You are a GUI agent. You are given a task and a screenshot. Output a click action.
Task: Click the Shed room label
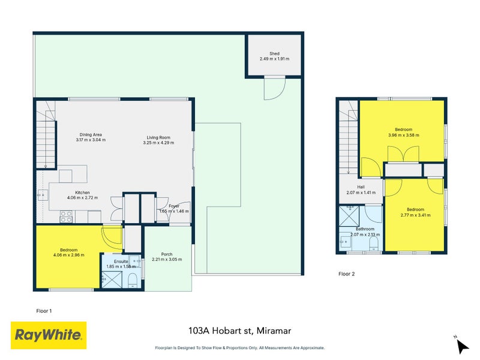pos(274,53)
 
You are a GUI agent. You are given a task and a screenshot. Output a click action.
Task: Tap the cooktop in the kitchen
pos(65,216)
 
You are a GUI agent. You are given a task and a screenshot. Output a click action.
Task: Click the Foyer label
pos(174,206)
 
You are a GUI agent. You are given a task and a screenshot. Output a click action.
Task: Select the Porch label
pos(166,254)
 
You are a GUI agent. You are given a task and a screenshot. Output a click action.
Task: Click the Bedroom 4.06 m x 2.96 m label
pos(68,250)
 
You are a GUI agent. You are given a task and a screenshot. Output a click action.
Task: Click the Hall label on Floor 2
pos(361,187)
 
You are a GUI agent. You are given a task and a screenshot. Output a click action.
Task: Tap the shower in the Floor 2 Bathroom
pos(347,215)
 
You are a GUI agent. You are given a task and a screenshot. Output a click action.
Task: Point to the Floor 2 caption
pos(347,274)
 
